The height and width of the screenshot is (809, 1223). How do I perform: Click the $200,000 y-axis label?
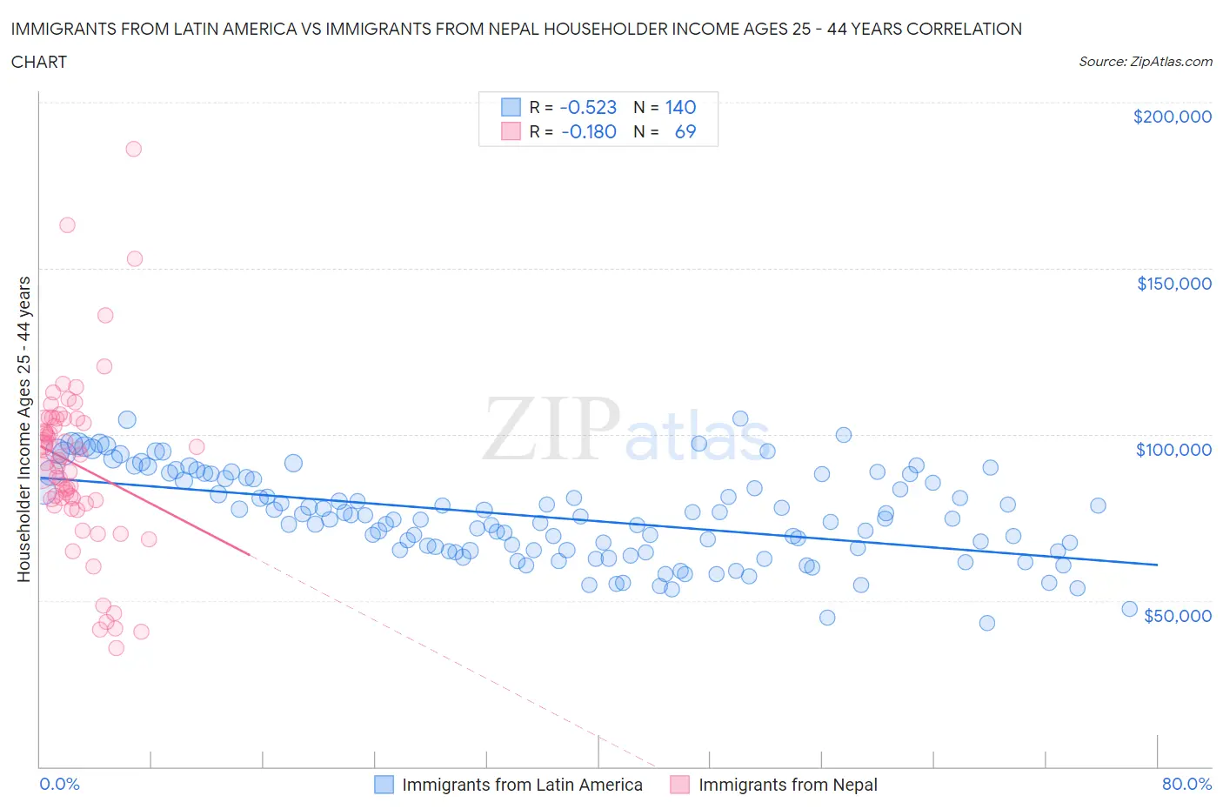pos(1172,117)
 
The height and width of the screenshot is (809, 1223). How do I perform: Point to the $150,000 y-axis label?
pos(1173,284)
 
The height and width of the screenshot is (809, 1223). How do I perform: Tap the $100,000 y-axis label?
pos(1173,450)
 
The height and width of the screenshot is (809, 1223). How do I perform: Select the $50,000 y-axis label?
pos(1177,616)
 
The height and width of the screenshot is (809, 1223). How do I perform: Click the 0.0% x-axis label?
pos(59,784)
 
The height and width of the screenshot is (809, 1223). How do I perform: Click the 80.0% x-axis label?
pos(1186,784)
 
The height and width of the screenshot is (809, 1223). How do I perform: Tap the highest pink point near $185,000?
pos(133,149)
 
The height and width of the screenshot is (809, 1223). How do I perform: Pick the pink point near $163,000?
pos(67,225)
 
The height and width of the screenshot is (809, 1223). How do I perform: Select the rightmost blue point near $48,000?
pos(1129,609)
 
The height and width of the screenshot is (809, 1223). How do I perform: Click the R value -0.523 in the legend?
pos(588,107)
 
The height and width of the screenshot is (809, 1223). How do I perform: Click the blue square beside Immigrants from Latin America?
pos(384,785)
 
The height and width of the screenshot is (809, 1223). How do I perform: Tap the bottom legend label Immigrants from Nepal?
pos(787,785)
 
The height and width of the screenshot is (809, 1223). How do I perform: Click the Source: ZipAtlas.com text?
pos(1145,61)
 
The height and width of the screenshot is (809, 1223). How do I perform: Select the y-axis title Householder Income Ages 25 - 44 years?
pos(23,429)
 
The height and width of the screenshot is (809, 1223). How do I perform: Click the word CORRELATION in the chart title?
pos(964,29)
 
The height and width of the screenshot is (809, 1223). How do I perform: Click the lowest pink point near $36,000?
pos(116,648)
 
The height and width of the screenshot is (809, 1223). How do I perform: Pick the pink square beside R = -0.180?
pos(511,131)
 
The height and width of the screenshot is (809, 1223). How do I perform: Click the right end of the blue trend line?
pos(1157,565)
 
